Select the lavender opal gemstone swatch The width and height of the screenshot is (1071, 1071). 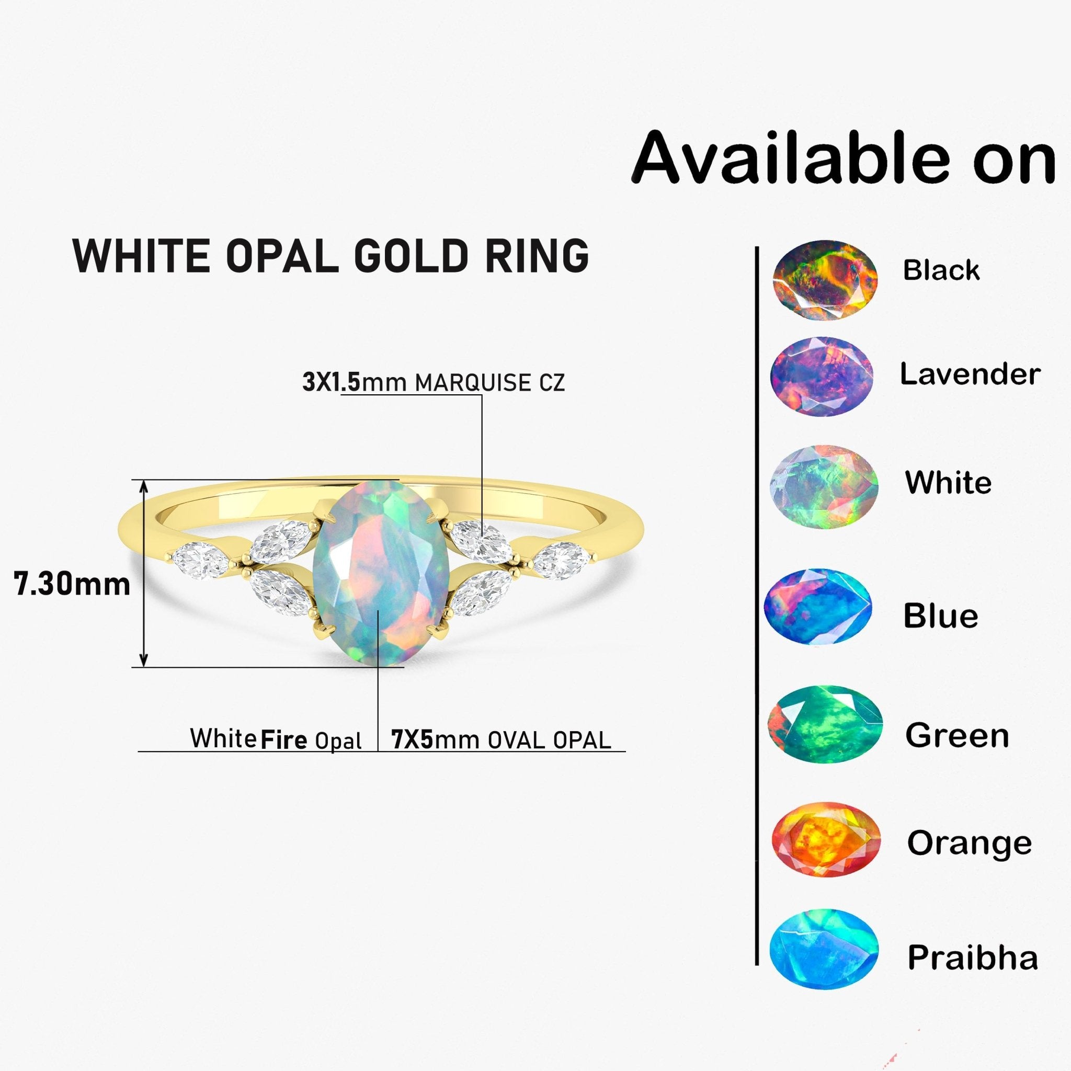pyautogui.click(x=822, y=377)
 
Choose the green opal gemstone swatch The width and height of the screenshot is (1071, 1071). pyautogui.click(x=824, y=724)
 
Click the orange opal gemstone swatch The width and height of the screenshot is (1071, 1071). pyautogui.click(x=826, y=839)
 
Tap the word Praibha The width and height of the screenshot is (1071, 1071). pyautogui.click(x=972, y=958)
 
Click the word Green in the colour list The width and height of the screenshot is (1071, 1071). pyautogui.click(x=957, y=736)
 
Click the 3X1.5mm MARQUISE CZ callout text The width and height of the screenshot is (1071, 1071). pyautogui.click(x=434, y=382)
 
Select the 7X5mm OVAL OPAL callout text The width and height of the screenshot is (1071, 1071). pyautogui.click(x=500, y=739)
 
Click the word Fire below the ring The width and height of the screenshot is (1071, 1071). pyautogui.click(x=284, y=740)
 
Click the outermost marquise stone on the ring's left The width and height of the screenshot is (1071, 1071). pyautogui.click(x=198, y=561)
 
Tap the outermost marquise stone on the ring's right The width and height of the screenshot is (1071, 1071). pyautogui.click(x=561, y=561)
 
